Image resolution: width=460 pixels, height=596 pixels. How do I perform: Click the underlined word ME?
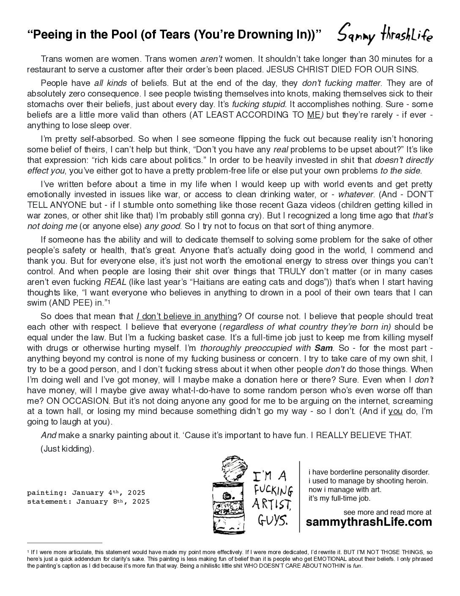(x=313, y=115)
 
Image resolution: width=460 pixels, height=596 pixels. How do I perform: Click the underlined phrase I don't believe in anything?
(x=186, y=316)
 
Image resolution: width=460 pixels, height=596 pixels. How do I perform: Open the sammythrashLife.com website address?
(x=369, y=522)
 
